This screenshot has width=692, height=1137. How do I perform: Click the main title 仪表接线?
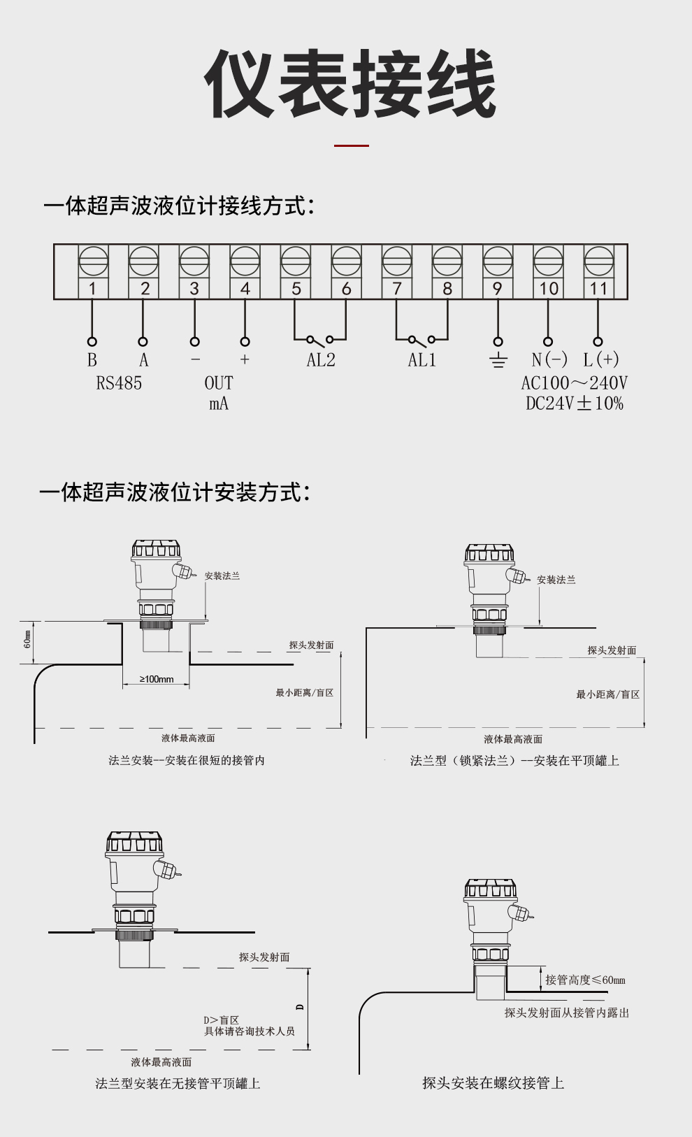pos(349,84)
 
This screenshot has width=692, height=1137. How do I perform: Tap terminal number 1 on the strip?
pos(92,288)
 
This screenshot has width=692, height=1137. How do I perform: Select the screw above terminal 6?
pos(347,262)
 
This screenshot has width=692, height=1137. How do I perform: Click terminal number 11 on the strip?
pos(598,288)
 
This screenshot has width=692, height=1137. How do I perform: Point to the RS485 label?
pos(119,383)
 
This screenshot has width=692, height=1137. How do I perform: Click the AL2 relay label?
pos(321,360)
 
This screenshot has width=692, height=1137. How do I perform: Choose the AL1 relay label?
pos(422,360)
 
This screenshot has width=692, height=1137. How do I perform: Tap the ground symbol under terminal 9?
pos(498,361)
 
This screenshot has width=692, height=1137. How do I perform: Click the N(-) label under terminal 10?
pos(549,360)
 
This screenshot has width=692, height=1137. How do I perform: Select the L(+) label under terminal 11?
pos(601,360)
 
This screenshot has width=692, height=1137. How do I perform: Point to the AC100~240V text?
pos(574,383)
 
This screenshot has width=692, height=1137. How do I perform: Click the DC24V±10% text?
pos(574,403)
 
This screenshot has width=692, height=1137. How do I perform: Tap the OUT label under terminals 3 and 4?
pos(218,383)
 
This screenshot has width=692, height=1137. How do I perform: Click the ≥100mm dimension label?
pos(157,679)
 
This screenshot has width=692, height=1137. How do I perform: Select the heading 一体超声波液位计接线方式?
pos(179,206)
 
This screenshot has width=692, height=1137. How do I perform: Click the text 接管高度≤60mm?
pos(585,980)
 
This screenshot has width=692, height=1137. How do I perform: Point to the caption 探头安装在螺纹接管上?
pos(493,1083)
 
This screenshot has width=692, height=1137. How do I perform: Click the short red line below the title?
pos(351,145)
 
